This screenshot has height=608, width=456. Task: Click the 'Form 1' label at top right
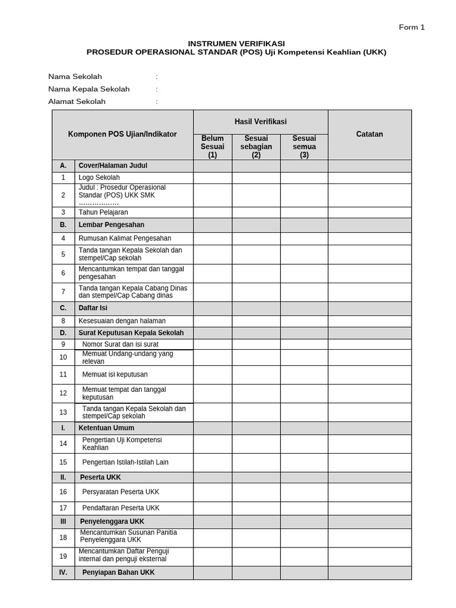411,27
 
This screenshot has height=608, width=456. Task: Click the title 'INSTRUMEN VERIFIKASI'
236,43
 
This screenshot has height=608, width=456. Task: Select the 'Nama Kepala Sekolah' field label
88,89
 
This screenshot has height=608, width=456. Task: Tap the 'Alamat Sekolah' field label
77,102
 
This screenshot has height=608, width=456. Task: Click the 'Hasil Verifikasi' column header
260,122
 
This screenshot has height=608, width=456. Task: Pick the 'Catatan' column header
369,134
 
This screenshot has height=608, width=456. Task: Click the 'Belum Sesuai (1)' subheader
213,147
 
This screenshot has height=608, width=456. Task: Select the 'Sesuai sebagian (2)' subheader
256,147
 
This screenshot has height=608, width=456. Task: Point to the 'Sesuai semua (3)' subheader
304,147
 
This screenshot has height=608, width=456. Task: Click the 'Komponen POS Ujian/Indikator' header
122,134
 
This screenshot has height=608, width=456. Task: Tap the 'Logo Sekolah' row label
99,178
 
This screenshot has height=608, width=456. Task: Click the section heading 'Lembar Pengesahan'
111,225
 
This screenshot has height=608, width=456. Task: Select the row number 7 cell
63,292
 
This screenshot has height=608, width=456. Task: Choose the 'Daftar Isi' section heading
93,308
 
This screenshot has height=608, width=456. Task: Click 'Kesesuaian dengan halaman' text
122,321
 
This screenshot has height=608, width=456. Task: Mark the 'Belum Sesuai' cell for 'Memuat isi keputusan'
213,375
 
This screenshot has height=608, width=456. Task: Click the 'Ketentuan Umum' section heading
106,427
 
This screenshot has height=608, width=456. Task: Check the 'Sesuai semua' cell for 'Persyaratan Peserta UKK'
304,492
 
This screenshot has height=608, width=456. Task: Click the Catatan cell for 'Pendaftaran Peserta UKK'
369,508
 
